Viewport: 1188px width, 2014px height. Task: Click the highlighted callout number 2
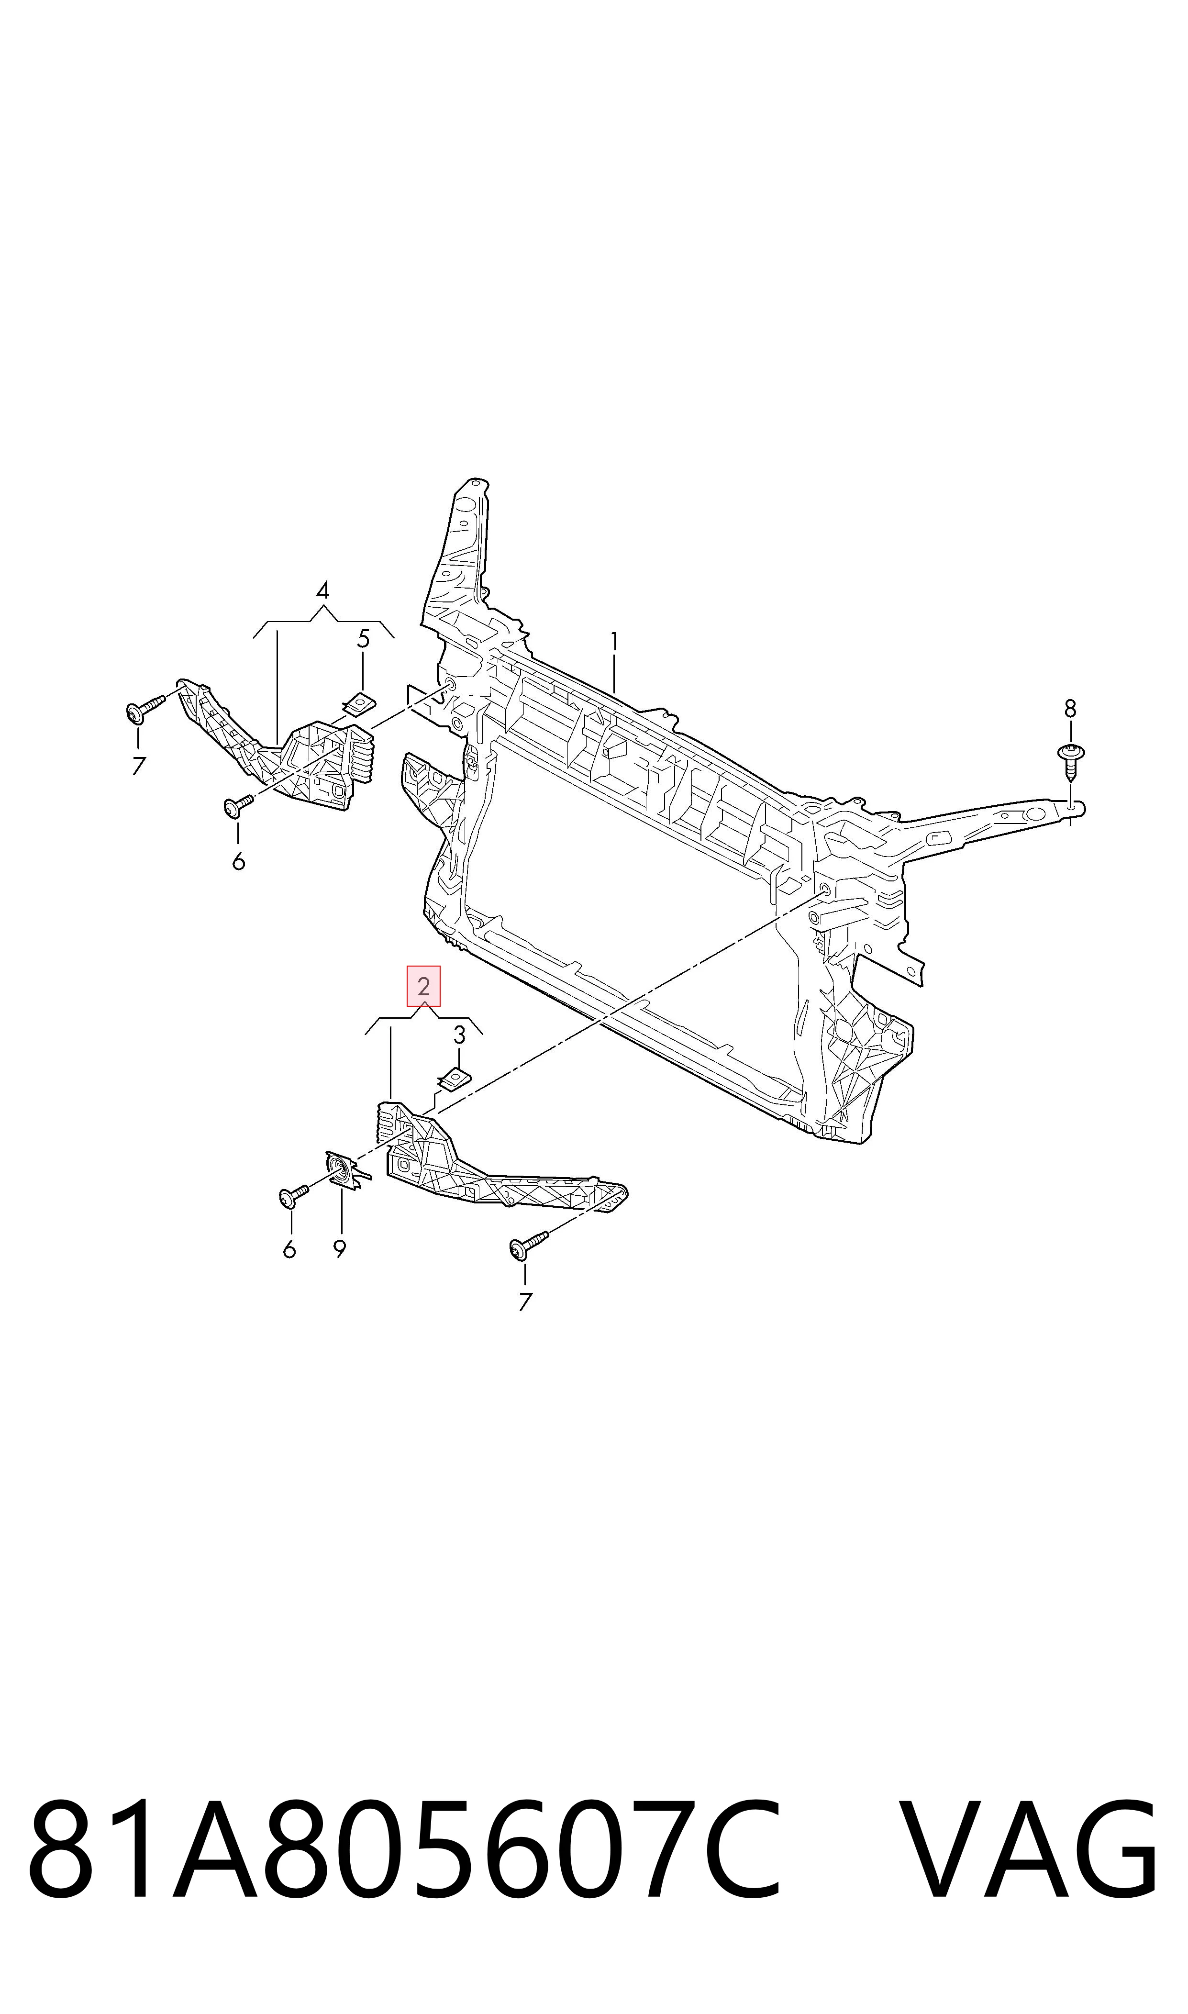pos(423,986)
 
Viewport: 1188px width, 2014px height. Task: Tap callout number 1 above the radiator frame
pos(614,643)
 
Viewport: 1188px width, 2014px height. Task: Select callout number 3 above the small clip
pos(459,1035)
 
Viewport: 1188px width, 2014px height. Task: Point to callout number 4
pos(322,591)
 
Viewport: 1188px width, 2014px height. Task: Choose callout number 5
pos(364,639)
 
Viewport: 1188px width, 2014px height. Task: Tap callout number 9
pos(340,1249)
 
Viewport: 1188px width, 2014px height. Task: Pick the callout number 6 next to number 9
pos(290,1249)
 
